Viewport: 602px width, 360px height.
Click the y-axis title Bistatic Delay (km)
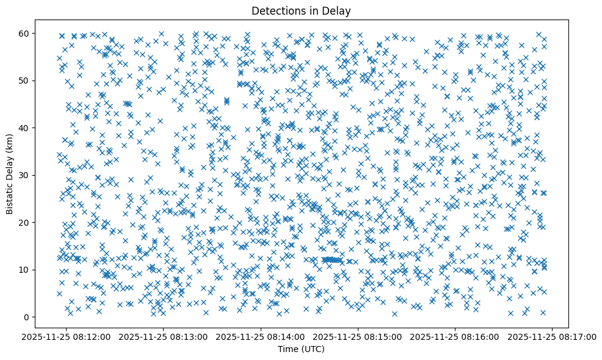tap(10, 174)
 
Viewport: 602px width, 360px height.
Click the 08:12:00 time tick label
tap(67, 336)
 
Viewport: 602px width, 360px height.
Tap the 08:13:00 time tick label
tap(164, 336)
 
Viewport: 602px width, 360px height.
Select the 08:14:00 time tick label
tap(261, 336)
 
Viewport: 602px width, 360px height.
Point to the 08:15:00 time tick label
tap(358, 336)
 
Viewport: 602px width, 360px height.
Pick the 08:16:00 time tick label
tap(455, 336)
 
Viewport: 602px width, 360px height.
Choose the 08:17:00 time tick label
tap(553, 336)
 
